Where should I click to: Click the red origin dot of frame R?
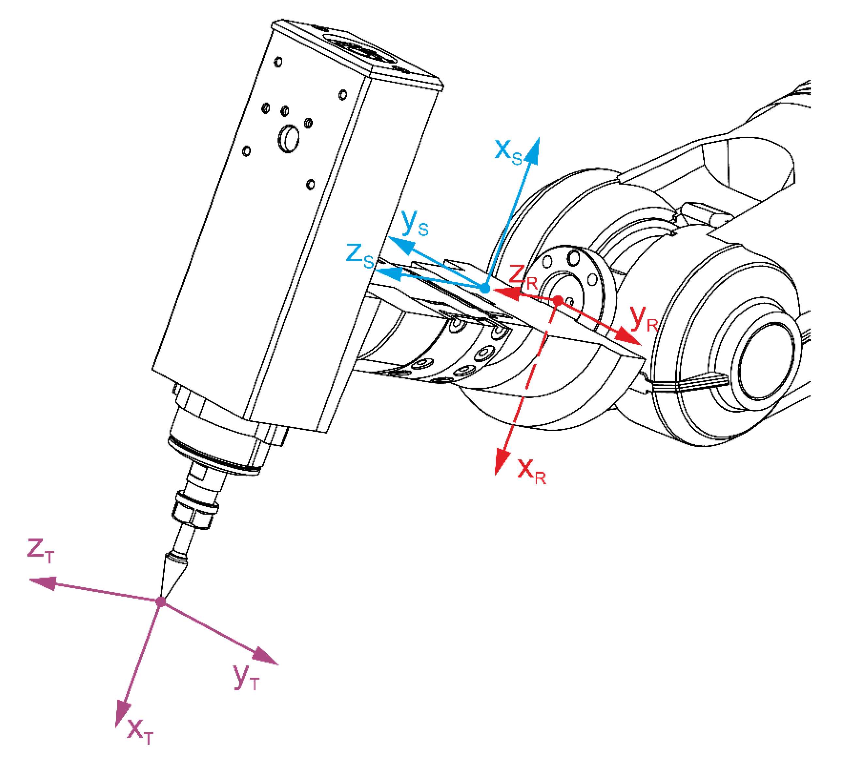click(557, 300)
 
